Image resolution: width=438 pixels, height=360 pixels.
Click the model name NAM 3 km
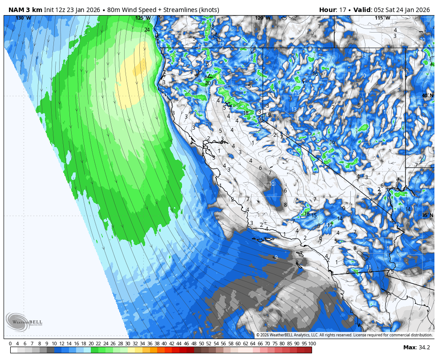[x=25, y=10]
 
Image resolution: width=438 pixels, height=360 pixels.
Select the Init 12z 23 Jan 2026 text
[x=72, y=10]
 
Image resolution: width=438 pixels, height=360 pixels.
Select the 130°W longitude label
[x=23, y=18]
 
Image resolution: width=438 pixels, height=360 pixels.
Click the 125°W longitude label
[x=143, y=18]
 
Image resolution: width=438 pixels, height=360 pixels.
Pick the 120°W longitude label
[x=263, y=18]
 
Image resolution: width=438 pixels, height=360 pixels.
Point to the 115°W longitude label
[x=382, y=18]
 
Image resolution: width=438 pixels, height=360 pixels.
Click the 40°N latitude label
[x=427, y=95]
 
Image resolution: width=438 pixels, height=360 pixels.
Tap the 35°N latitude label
[x=427, y=215]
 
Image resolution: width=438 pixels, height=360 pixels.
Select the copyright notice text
[x=344, y=335]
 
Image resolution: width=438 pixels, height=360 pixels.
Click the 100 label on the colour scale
[x=312, y=344]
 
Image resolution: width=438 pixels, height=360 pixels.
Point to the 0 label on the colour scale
[x=10, y=344]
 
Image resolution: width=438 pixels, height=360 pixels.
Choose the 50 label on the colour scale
[x=201, y=344]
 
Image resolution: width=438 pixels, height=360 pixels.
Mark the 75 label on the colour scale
[x=275, y=344]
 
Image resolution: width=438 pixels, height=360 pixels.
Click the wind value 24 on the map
[x=147, y=30]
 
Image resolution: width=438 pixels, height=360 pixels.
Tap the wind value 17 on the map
[x=330, y=225]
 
